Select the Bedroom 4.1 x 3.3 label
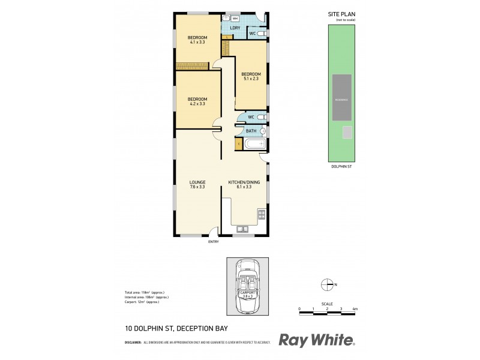click(197, 40)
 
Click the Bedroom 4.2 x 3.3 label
click(197, 101)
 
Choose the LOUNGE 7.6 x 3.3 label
click(197, 184)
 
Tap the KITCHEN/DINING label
click(243, 184)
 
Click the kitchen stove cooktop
click(261, 214)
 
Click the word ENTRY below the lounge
click(213, 241)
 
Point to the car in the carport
click(247, 287)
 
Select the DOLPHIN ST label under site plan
click(341, 167)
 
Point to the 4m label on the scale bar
click(355, 308)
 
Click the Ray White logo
click(317, 340)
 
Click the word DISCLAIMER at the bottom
click(133, 343)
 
